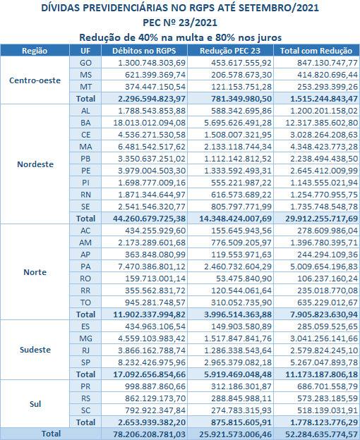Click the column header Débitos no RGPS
tap(144, 51)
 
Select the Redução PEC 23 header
tap(230, 51)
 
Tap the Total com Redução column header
tap(316, 51)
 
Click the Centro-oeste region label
tap(35, 80)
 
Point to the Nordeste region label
tap(35, 164)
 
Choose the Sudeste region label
tap(35, 350)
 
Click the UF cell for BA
tap(85, 123)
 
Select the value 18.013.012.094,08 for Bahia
tap(149, 123)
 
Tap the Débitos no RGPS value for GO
tap(152, 63)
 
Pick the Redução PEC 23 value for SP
tap(238, 362)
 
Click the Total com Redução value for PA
tap(324, 267)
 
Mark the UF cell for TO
tap(85, 302)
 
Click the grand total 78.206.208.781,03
tap(149, 434)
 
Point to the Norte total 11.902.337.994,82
tap(149, 314)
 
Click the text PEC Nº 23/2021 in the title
tap(180, 23)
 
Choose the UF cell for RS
tap(85, 398)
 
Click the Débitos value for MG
tap(152, 338)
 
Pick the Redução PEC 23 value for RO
tap(244, 279)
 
